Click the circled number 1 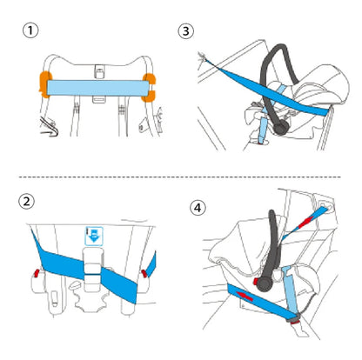(30, 30)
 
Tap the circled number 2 (26, 201)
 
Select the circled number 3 (186, 31)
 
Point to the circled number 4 (198, 208)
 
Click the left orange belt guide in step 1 (44, 84)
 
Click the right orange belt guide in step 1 (149, 88)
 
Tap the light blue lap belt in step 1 (98, 88)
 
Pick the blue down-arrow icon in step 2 (94, 236)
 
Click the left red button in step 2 (37, 273)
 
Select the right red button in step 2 (144, 273)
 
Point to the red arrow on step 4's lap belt (245, 297)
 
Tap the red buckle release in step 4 (296, 321)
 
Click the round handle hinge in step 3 (281, 128)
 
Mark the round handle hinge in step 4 (265, 283)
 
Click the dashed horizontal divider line (180, 177)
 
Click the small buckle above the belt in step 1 (99, 71)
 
